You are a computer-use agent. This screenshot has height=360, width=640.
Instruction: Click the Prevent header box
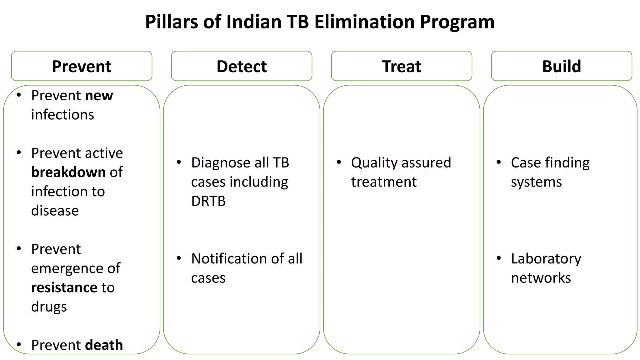[x=82, y=66]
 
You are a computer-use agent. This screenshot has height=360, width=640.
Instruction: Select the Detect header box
[x=242, y=66]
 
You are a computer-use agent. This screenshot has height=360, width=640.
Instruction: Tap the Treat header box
[x=402, y=66]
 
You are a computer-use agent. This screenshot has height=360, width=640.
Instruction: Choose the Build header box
[x=562, y=66]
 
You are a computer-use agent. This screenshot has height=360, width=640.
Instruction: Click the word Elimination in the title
[x=364, y=22]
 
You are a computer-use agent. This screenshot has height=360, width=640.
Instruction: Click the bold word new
[x=99, y=96]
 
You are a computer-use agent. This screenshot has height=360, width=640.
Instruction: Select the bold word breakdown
[x=68, y=172]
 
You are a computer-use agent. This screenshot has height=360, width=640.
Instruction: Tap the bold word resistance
[x=64, y=287]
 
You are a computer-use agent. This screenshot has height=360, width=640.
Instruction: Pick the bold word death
[x=104, y=345]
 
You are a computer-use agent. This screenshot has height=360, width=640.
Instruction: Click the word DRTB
[x=208, y=201]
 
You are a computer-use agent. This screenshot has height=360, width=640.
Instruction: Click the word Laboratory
[x=546, y=259]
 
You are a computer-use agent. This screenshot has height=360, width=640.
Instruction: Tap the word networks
[x=541, y=278]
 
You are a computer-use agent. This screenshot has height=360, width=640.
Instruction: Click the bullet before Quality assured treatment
[x=339, y=162]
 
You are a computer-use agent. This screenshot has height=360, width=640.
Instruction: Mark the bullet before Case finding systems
[x=499, y=162]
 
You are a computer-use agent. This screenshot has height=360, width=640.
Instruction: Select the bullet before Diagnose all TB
[x=179, y=162]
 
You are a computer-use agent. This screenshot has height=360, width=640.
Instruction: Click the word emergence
[x=67, y=268]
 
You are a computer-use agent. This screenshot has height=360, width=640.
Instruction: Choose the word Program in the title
[x=457, y=22]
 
